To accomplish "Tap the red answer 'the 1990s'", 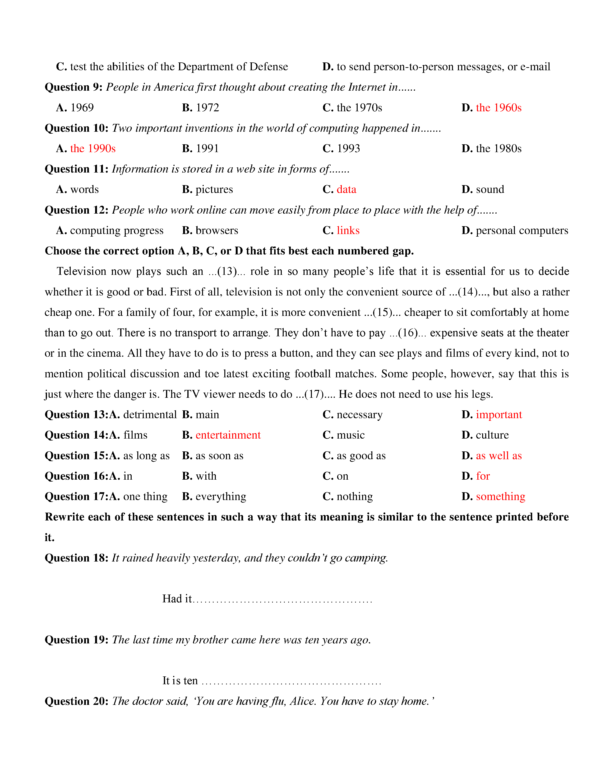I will pos(93,149).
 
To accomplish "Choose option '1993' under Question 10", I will pos(348,149).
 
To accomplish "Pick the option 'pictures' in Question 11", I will pos(214,189).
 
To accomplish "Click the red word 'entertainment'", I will pos(228,435).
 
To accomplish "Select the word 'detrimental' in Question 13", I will pos(150,415).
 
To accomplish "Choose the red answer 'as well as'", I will pos(499,456).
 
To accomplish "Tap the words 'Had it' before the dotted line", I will pos(177,599).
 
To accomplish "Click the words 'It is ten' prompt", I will pos(180,680).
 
